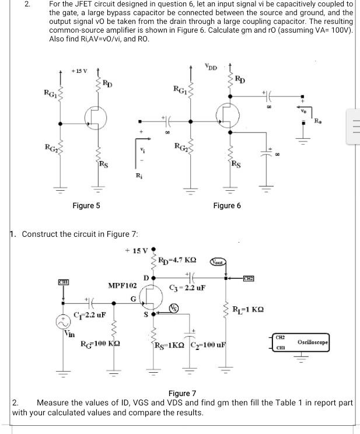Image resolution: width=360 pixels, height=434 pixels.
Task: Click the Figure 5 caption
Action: click(x=86, y=205)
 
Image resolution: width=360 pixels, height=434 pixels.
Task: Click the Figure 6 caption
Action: click(x=227, y=205)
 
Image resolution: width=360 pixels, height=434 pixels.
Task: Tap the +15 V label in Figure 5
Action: click(x=79, y=71)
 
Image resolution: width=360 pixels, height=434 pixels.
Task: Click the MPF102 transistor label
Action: click(x=123, y=286)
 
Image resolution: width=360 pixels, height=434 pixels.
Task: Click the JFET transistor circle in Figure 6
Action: click(x=228, y=115)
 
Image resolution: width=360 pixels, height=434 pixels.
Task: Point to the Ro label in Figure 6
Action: click(x=317, y=121)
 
